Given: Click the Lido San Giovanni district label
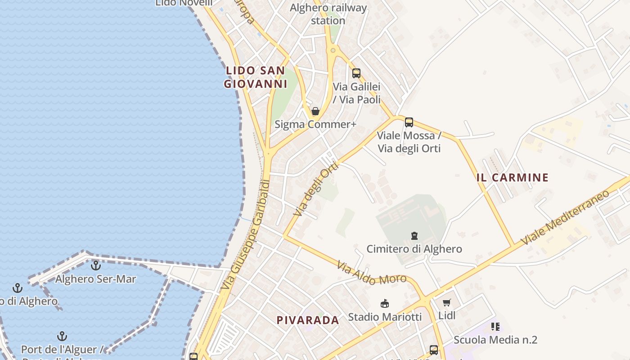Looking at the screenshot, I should click(x=256, y=77).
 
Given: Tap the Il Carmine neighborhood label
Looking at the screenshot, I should click(x=512, y=177).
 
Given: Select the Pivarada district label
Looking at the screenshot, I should click(x=308, y=320).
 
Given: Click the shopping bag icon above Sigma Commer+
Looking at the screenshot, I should click(x=315, y=111).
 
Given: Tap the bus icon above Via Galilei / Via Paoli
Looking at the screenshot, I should click(x=356, y=73).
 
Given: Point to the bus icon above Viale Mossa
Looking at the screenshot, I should click(x=409, y=122).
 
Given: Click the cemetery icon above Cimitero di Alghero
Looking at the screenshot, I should click(x=414, y=235).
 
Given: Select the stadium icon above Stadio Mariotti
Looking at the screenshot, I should click(x=385, y=304).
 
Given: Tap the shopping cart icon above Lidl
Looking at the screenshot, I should click(x=446, y=303).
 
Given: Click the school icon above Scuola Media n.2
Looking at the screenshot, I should click(x=495, y=327).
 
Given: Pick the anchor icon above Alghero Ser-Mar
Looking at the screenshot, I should click(x=95, y=265).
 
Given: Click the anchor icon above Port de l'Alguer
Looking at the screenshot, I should click(x=62, y=336).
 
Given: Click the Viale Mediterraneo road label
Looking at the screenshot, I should click(x=565, y=217).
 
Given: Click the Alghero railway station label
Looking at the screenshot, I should click(x=328, y=14).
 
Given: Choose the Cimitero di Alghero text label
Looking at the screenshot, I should click(x=414, y=249).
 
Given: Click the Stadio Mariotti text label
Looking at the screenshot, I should click(x=385, y=317).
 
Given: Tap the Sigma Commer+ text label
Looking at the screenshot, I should click(x=315, y=124).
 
